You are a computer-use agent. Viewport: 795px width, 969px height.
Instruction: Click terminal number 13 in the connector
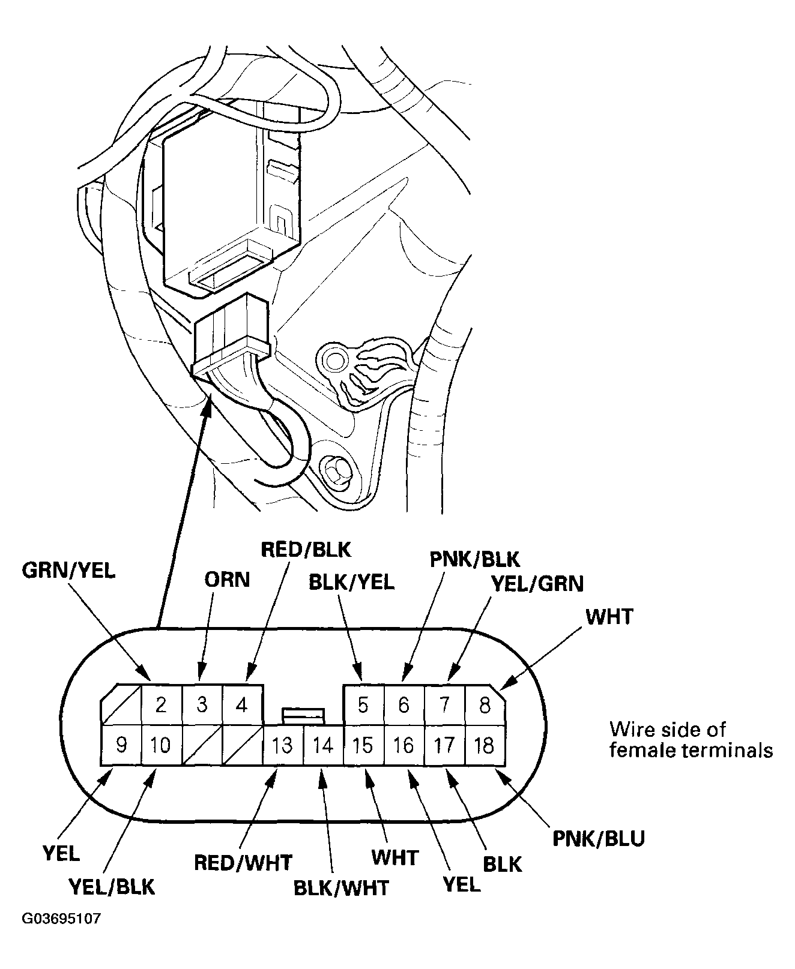coord(282,745)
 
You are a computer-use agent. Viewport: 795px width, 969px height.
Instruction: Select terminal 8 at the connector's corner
coord(485,704)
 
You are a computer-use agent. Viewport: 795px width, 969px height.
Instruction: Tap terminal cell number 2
coord(161,704)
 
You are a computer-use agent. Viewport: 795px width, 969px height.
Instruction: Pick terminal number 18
coord(485,745)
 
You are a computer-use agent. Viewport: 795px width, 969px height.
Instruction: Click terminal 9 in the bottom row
coord(121,745)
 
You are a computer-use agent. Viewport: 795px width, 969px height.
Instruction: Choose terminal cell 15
coord(363,745)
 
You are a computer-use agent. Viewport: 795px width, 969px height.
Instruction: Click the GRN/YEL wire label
coord(68,571)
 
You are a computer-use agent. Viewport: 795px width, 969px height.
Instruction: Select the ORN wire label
coord(226,580)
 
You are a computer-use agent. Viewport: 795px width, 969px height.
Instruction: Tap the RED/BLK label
coord(305,549)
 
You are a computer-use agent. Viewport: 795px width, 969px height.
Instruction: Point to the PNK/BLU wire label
coord(599,838)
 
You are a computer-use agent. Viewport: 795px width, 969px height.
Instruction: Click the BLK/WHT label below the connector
coord(341,887)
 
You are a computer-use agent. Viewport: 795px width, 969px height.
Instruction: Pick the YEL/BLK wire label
coord(112,886)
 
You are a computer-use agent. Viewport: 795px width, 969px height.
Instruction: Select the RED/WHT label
coord(243,863)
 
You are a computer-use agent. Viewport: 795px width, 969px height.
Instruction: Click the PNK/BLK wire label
coord(474,559)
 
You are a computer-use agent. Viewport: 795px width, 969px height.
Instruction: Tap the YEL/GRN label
coord(537,583)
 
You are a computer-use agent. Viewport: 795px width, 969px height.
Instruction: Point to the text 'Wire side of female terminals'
coord(691,740)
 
